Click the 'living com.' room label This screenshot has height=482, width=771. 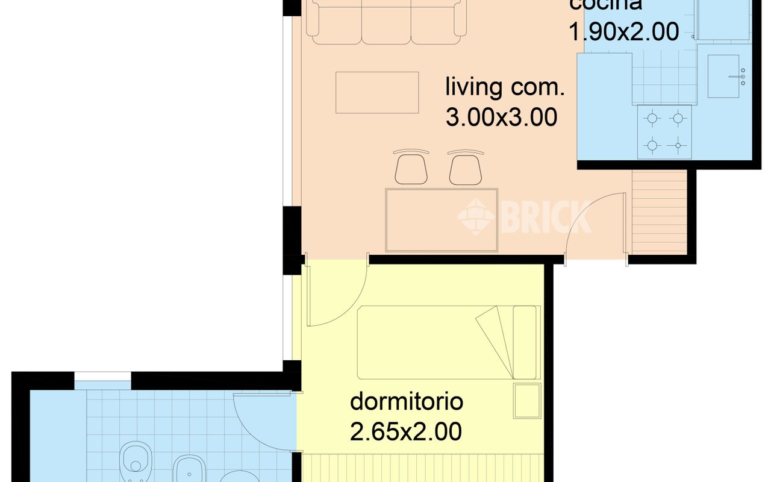tap(505, 87)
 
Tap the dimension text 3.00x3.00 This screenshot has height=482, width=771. tap(501, 117)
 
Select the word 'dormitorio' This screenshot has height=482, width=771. tap(406, 401)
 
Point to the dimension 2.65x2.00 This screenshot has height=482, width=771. tap(406, 431)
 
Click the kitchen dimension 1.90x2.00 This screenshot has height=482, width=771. tap(623, 31)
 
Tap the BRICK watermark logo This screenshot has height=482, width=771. tap(524, 216)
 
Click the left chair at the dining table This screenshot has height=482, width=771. tap(411, 168)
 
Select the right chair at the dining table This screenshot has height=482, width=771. tap(466, 168)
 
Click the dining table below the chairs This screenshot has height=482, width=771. tap(442, 220)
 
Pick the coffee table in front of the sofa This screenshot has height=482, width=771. tap(377, 92)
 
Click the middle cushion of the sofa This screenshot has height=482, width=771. tap(386, 24)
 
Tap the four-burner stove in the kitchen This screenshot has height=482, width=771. tap(664, 132)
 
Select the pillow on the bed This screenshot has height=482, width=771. tap(524, 342)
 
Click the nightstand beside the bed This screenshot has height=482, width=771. tap(527, 400)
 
